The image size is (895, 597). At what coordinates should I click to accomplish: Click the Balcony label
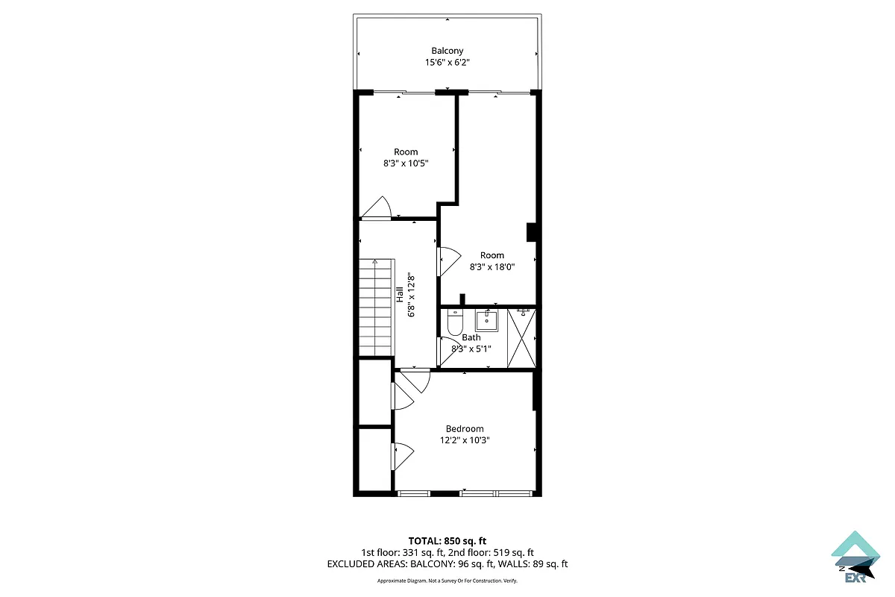[447, 51]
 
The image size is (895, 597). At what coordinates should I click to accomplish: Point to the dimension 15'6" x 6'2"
[447, 63]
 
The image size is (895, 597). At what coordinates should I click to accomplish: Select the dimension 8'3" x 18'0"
[492, 266]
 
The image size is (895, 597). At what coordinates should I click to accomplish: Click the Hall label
[401, 294]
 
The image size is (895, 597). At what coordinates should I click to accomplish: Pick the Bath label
[471, 337]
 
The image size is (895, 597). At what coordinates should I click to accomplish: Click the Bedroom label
[465, 428]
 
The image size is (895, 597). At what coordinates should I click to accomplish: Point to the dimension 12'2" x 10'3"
[465, 440]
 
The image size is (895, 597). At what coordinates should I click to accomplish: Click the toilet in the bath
[454, 323]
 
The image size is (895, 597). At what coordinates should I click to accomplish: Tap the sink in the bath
[486, 321]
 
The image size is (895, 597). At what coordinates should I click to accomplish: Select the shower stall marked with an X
[521, 337]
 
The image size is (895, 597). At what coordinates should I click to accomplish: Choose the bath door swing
[450, 351]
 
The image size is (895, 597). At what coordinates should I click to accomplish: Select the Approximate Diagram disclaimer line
[447, 581]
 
